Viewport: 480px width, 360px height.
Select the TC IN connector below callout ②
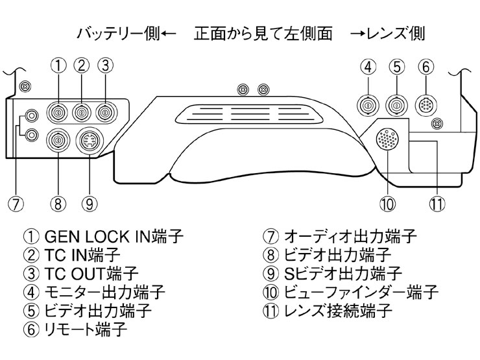tap(81, 112)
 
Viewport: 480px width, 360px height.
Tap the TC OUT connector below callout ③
tap(104, 112)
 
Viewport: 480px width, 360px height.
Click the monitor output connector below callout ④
tap(368, 104)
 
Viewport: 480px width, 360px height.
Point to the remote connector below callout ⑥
tap(425, 104)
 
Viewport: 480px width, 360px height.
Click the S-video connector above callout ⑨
tap(88, 141)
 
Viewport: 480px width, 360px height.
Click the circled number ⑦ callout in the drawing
tap(16, 204)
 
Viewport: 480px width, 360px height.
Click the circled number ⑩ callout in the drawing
tap(388, 204)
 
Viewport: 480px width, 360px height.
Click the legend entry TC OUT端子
tap(91, 273)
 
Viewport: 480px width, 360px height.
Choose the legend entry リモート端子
tap(85, 329)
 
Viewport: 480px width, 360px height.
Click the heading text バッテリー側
tap(117, 33)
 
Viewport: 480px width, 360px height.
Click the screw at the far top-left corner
tap(24, 86)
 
